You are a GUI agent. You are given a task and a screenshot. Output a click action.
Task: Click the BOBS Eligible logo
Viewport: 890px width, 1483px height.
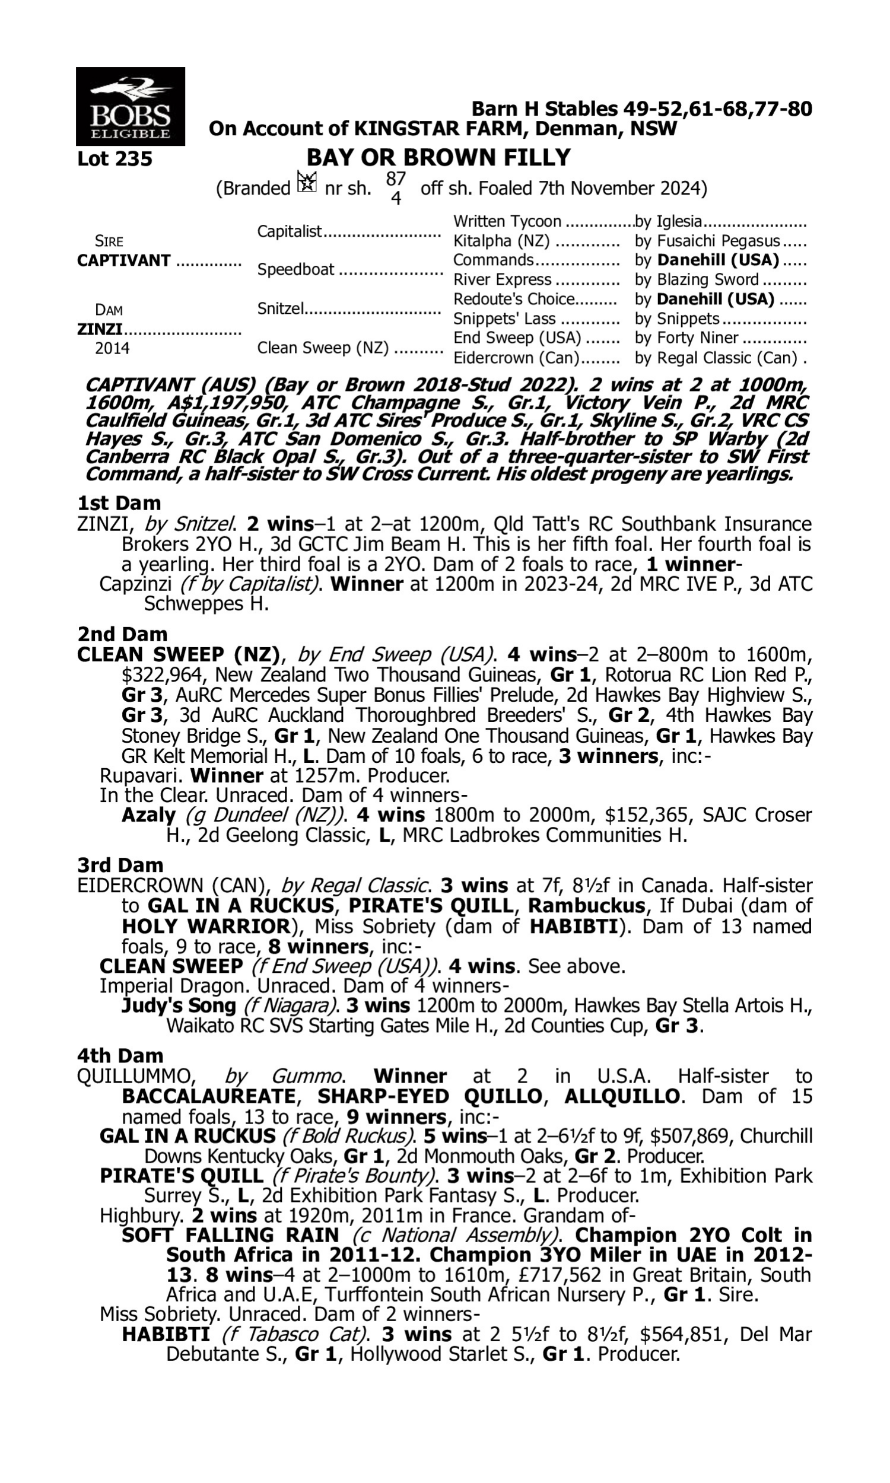[x=130, y=106]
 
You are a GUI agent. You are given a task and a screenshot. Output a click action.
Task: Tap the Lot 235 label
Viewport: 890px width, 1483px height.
[x=115, y=160]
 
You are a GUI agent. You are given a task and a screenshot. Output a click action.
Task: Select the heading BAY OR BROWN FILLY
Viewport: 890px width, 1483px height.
[x=438, y=158]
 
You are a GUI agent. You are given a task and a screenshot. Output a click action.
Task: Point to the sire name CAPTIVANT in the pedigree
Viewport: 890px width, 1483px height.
[x=123, y=261]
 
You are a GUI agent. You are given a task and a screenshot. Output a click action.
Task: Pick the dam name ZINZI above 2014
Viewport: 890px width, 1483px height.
[x=100, y=329]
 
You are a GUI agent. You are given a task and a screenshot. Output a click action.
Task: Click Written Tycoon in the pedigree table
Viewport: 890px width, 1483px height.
[x=507, y=222]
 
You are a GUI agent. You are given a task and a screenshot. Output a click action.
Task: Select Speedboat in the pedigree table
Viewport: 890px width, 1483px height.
[x=295, y=270]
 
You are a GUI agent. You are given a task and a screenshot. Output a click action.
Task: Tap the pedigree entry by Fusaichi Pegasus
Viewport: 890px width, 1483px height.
[x=708, y=241]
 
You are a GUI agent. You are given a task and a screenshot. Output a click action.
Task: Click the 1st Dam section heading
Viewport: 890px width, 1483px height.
[x=119, y=502]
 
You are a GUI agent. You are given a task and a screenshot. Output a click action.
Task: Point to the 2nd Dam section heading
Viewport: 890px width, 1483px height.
[x=122, y=633]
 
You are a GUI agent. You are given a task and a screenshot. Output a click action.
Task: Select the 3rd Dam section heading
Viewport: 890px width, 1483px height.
[x=120, y=865]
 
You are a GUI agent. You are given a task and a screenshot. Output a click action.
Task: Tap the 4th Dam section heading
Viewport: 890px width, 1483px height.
[x=120, y=1056]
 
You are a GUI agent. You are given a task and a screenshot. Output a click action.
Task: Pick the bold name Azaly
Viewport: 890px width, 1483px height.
[x=148, y=815]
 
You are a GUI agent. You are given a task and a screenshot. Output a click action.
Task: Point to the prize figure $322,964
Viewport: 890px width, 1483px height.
[x=163, y=675]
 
